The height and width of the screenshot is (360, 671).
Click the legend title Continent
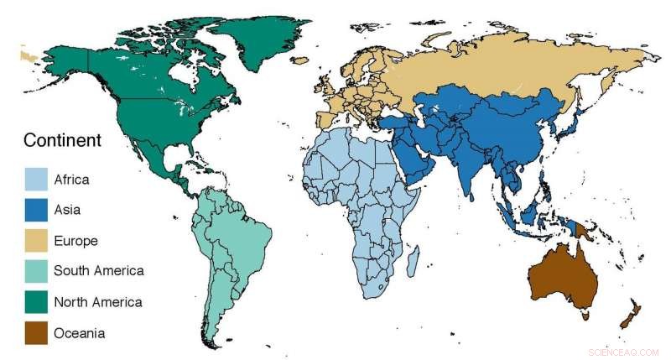point(62,140)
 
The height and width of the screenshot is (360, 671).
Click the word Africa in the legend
point(71,180)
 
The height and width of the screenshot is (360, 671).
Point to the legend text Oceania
point(79,333)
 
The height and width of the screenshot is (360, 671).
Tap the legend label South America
point(98,271)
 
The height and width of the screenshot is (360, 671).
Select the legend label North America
point(97,302)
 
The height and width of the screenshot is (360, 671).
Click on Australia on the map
point(563,277)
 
